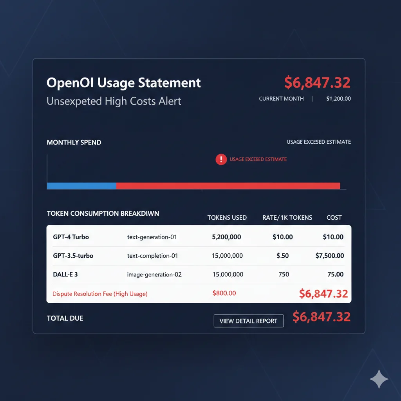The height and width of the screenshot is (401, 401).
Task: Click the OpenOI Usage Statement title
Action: click(123, 83)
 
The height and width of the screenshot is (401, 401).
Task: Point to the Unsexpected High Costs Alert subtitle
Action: click(114, 101)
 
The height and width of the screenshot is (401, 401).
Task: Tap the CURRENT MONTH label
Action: click(281, 99)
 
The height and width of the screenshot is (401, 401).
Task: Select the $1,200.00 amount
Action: click(338, 99)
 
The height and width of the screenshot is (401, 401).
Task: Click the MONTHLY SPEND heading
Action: click(74, 143)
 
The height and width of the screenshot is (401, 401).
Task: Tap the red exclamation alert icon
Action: click(221, 159)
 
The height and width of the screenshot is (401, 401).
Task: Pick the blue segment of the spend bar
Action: click(81, 186)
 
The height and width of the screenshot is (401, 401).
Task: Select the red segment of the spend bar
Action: click(228, 186)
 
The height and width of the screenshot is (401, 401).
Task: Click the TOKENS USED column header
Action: click(227, 218)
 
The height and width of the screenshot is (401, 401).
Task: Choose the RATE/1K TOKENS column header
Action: click(287, 218)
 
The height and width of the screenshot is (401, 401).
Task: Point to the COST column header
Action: click(334, 218)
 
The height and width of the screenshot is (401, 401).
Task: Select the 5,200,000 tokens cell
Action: click(226, 237)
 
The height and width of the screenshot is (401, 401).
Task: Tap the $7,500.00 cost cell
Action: click(330, 256)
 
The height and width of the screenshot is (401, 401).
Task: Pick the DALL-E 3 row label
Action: click(65, 275)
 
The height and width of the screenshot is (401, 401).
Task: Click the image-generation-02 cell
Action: click(154, 275)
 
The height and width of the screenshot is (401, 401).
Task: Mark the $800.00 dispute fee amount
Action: click(224, 293)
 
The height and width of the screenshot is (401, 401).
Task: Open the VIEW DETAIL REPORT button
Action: click(248, 321)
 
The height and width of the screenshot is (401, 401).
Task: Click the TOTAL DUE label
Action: click(65, 318)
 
